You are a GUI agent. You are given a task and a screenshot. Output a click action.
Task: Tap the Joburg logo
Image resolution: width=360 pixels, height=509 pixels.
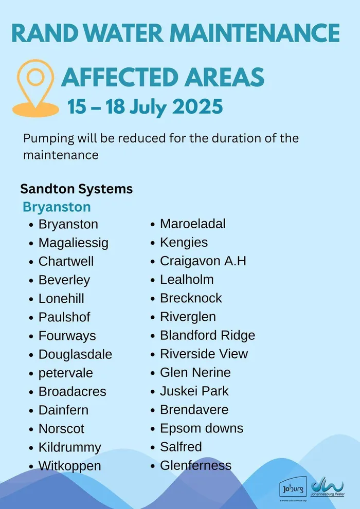click(x=294, y=487)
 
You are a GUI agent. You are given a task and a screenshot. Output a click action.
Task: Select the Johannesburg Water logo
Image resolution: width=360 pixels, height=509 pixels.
click(x=328, y=488)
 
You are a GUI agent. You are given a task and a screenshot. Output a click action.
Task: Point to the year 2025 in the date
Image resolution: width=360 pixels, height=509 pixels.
click(x=197, y=106)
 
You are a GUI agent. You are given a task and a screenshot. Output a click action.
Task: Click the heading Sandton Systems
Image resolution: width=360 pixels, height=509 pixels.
click(x=77, y=189)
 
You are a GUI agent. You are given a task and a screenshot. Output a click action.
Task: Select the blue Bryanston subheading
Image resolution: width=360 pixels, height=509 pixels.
click(x=57, y=207)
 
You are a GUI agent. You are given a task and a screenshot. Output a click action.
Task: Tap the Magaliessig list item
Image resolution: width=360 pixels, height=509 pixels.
click(x=74, y=243)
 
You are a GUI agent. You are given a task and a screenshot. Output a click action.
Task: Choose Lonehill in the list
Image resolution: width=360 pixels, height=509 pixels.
click(x=61, y=298)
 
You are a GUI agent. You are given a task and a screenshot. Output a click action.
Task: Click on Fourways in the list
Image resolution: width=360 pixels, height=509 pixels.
click(x=67, y=336)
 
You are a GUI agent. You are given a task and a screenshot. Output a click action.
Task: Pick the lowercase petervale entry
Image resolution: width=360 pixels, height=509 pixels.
click(x=66, y=373)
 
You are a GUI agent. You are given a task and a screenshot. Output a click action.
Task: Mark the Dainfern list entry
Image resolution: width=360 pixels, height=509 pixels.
click(x=63, y=410)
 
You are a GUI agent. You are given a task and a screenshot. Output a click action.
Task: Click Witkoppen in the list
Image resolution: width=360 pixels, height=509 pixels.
click(x=70, y=466)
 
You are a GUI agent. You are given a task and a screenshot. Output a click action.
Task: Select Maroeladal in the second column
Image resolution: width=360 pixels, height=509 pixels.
click(x=193, y=224)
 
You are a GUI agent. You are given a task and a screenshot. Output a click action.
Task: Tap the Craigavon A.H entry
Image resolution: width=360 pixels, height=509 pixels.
click(x=203, y=261)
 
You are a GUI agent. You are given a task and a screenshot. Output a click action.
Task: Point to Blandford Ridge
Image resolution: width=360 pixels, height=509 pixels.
click(x=207, y=335)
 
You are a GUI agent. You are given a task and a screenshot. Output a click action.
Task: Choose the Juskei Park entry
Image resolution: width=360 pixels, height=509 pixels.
click(x=194, y=391)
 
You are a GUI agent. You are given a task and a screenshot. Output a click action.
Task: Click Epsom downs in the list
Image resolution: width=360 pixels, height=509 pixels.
click(x=202, y=428)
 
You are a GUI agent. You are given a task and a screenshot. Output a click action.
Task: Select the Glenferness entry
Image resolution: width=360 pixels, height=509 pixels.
click(x=196, y=465)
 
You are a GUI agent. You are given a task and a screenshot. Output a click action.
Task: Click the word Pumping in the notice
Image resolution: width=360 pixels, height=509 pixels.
click(x=48, y=139)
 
